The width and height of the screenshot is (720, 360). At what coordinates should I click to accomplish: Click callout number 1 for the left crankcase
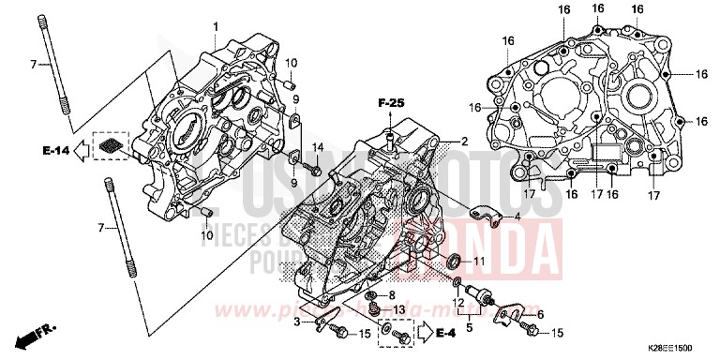pos(215,24)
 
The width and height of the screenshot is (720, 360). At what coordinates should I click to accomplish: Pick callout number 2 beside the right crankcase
pos(463,141)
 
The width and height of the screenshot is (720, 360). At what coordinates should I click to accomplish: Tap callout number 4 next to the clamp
pos(516,217)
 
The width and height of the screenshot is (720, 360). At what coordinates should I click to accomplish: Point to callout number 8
pos(391,295)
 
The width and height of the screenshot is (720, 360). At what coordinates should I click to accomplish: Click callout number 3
pos(297,322)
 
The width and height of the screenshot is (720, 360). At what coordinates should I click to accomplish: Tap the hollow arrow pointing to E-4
pos(424,331)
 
